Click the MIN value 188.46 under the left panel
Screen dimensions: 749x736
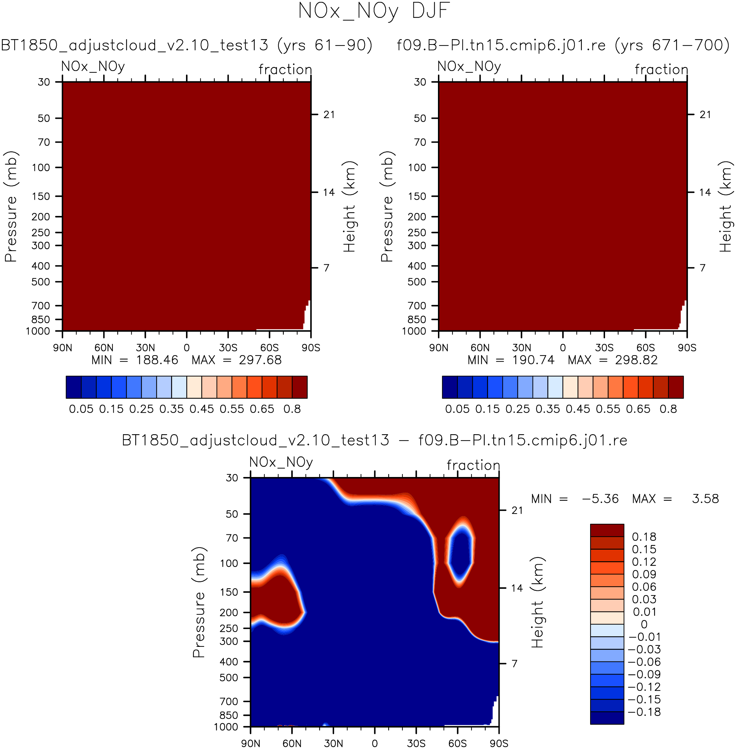click(x=157, y=360)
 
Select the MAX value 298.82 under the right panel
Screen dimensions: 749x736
click(x=636, y=360)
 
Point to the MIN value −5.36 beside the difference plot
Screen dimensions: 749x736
click(x=600, y=499)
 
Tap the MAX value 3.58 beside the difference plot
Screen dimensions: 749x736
click(x=705, y=499)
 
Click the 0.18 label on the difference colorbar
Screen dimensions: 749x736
click(x=644, y=537)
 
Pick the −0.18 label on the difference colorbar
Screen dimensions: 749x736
click(x=644, y=712)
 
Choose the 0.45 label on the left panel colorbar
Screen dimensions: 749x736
click(x=201, y=409)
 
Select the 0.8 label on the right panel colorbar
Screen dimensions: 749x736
click(x=668, y=409)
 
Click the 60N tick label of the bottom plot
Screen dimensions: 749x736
click(x=292, y=744)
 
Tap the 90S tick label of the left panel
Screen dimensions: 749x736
click(x=311, y=348)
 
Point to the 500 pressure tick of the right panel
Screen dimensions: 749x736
click(x=417, y=282)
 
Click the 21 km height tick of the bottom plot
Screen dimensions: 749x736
click(x=517, y=511)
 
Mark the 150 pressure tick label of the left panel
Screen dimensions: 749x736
click(x=41, y=196)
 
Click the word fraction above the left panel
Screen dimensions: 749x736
click(x=285, y=70)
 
